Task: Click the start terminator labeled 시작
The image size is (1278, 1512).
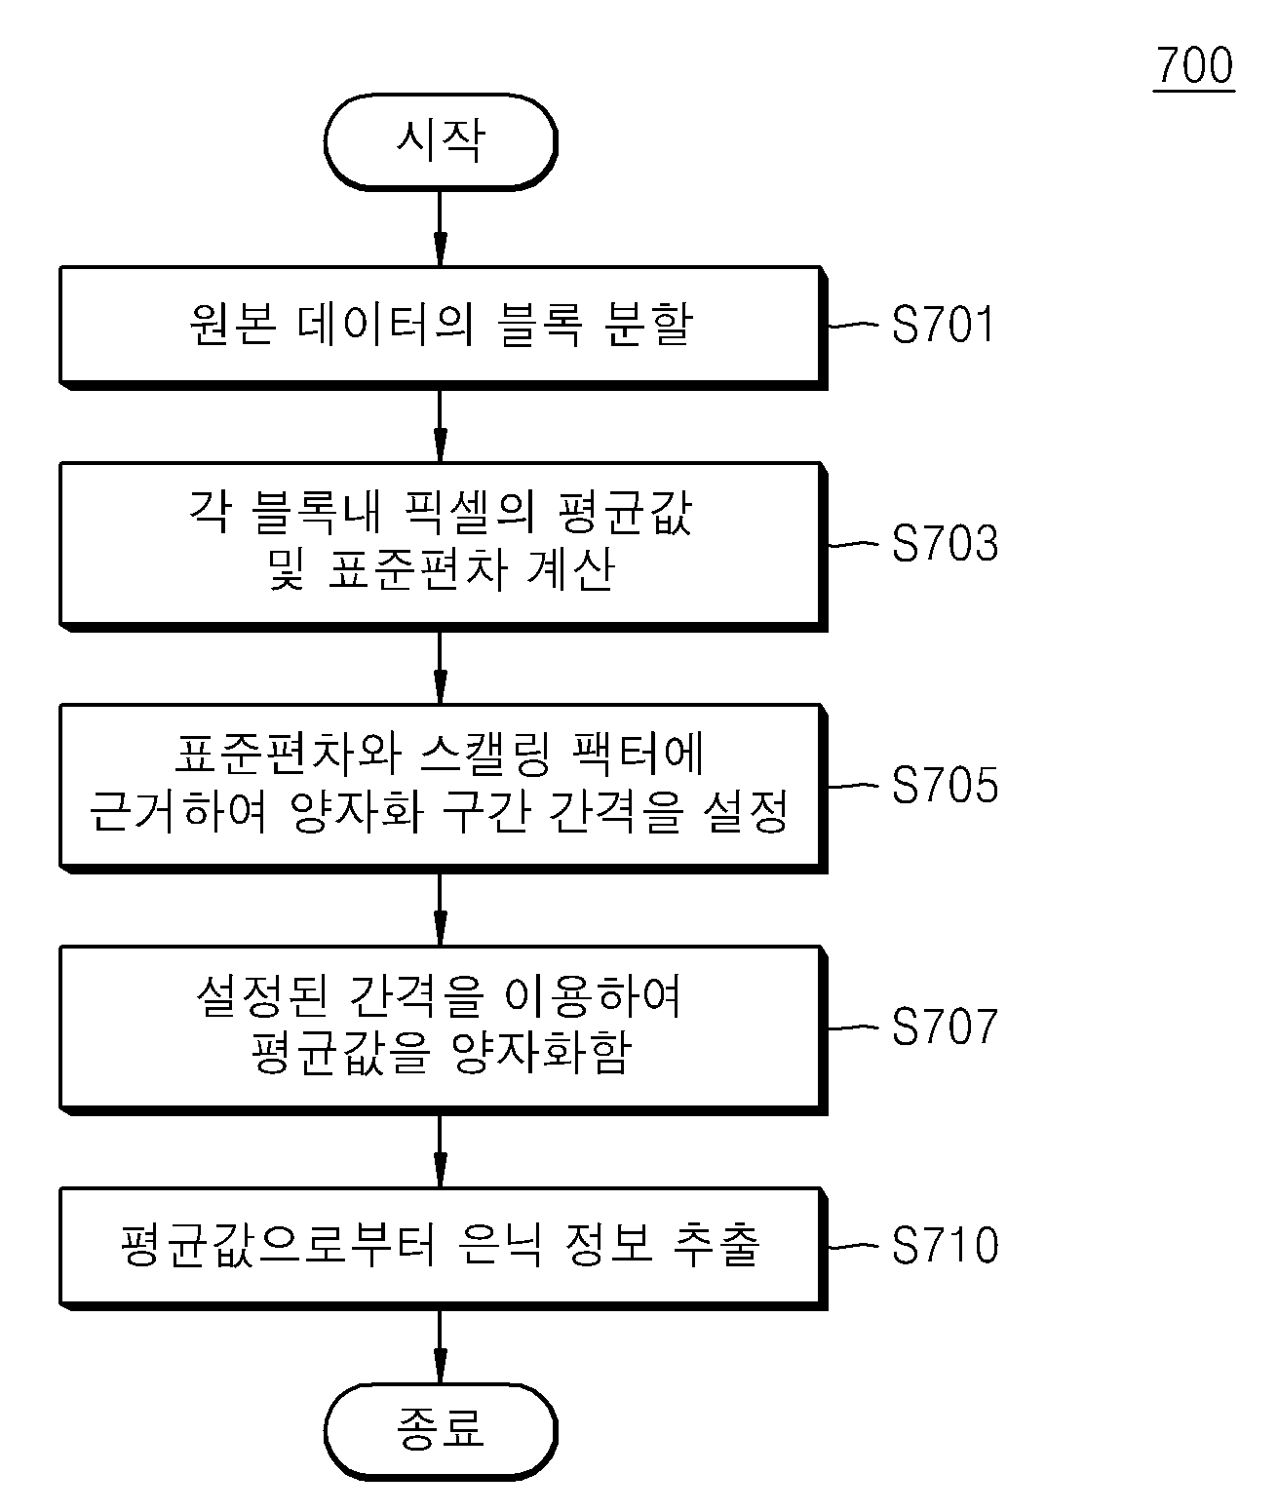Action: coord(441,142)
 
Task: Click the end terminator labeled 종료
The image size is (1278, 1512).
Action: coord(441,1431)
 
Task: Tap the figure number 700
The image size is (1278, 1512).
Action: coord(1194,66)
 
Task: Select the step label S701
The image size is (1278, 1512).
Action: coord(943,324)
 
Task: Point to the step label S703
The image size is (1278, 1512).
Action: coord(945,543)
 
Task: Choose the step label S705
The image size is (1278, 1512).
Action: coord(945,785)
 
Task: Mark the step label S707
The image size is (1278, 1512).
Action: coord(945,1027)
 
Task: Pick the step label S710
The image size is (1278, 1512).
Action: coord(945,1245)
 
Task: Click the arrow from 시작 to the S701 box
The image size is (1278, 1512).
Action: coord(441,228)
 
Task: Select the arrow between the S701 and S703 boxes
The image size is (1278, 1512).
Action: coord(441,425)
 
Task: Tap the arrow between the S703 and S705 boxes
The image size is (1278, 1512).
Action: coord(441,667)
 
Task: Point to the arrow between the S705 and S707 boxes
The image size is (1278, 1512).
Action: coord(441,909)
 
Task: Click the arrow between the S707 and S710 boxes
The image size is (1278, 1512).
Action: coord(441,1150)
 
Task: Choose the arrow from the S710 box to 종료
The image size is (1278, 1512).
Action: coord(441,1346)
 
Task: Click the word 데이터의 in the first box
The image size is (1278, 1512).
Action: coord(385,324)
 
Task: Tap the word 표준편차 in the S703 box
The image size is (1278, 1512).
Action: coord(417,569)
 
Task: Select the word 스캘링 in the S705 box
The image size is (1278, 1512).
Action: coord(485,755)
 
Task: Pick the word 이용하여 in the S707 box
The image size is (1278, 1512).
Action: coord(594,996)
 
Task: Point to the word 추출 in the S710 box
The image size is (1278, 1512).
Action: coord(716,1245)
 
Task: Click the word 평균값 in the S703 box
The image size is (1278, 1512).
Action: coord(624,512)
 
